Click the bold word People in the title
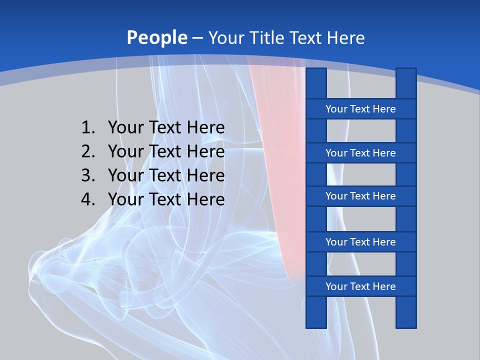[157, 37]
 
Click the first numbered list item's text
[166, 128]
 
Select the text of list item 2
[166, 151]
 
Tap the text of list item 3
[166, 175]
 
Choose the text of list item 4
[166, 199]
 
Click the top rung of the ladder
[360, 109]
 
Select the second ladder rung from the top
[360, 153]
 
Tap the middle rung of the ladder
[360, 196]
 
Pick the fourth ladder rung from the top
[360, 242]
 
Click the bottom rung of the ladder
[360, 286]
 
